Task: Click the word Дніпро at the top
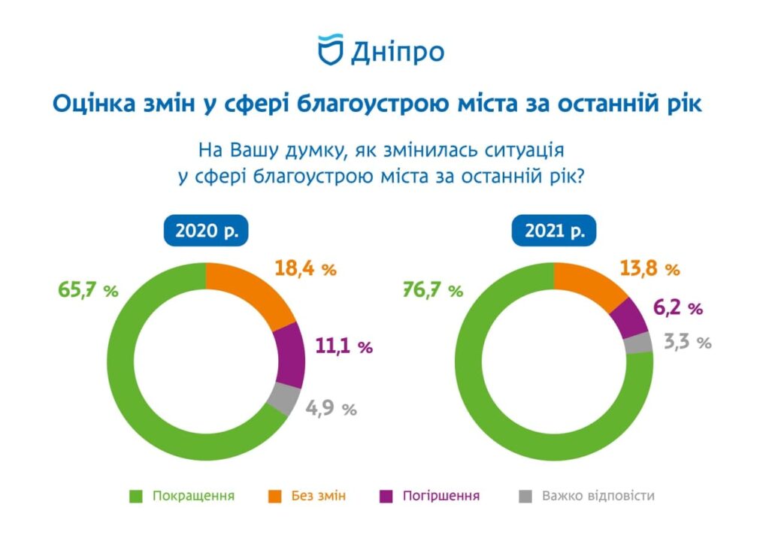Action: click(397, 51)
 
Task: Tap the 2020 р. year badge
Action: click(206, 231)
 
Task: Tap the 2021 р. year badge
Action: click(555, 231)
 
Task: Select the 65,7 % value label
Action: click(88, 291)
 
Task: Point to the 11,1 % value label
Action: click(342, 346)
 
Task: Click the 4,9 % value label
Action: click(331, 409)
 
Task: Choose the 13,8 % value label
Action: click(649, 268)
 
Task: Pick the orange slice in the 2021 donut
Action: click(591, 286)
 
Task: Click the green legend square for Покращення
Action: click(136, 496)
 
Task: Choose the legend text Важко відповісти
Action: click(598, 496)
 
